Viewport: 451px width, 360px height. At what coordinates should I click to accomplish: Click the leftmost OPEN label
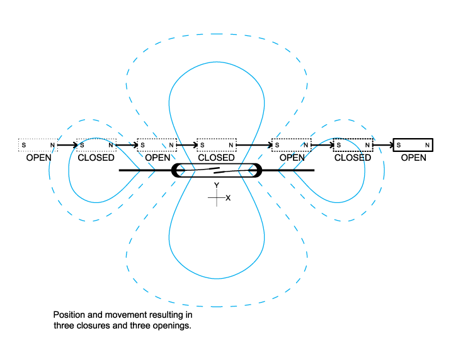[38, 158]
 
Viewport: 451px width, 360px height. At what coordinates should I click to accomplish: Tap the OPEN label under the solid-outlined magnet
[413, 158]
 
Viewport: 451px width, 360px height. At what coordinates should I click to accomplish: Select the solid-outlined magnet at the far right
[413, 146]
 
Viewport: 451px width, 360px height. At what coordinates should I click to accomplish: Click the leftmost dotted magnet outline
[38, 146]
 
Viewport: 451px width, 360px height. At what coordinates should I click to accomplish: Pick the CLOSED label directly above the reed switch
[216, 158]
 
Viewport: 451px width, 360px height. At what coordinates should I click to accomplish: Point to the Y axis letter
[216, 185]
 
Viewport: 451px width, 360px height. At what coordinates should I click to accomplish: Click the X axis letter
[228, 198]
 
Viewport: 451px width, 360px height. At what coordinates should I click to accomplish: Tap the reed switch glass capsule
[216, 170]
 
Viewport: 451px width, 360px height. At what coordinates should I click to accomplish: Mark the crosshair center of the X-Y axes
[216, 198]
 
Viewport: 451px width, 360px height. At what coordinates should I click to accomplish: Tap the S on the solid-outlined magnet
[399, 146]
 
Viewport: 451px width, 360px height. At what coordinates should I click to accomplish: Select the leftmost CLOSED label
[96, 158]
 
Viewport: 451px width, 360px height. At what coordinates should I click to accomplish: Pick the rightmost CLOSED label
[353, 158]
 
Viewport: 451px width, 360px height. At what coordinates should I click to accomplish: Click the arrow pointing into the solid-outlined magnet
[383, 146]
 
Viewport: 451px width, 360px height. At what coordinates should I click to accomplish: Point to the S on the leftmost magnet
[24, 146]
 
